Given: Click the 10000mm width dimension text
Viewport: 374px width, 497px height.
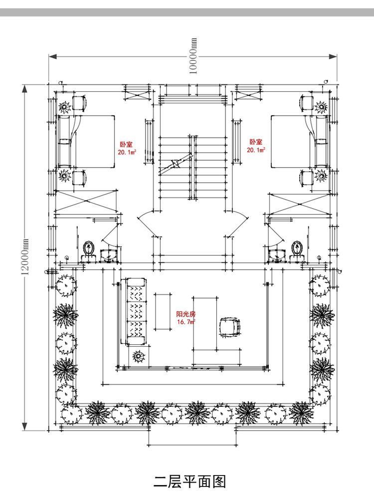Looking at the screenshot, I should coord(193,56).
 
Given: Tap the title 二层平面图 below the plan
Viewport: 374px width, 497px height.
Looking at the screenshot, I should coord(189,481).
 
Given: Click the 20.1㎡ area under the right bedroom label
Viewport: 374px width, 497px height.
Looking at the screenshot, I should coord(257,150).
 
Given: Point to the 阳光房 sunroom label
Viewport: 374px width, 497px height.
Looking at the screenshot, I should coord(186,315).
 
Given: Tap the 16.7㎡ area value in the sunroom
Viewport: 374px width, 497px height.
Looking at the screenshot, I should coord(186,322).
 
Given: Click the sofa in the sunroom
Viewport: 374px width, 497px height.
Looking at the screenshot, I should coord(136,312).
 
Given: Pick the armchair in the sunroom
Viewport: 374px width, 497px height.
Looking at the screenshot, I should coord(230,327).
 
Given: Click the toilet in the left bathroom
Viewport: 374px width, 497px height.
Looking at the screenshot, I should coord(89,249).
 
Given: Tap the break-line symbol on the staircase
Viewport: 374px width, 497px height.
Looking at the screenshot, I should coord(176,164).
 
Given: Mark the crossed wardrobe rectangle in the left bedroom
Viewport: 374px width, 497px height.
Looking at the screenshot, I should coord(86,201).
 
